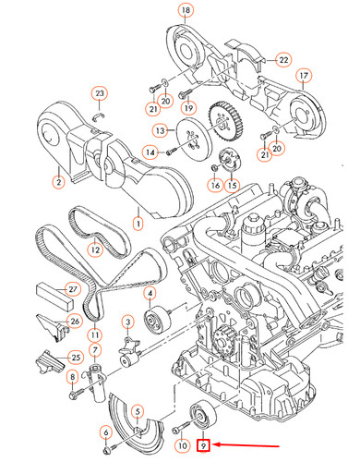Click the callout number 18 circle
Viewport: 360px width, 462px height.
(x=186, y=10)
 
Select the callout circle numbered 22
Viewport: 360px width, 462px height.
(x=283, y=60)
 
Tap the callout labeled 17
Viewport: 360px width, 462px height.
(x=304, y=76)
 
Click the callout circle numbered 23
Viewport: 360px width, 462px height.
(x=100, y=93)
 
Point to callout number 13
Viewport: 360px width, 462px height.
(x=161, y=131)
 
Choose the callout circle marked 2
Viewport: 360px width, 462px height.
(x=58, y=182)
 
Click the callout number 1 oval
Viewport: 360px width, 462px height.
(x=138, y=223)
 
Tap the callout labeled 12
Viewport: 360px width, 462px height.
(x=95, y=249)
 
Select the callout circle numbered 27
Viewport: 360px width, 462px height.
(x=73, y=289)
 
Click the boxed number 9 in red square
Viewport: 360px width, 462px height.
(x=203, y=445)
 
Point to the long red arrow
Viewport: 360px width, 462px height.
(x=246, y=444)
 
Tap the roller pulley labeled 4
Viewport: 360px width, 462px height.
(x=158, y=321)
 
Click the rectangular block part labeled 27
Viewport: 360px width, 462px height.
(x=54, y=296)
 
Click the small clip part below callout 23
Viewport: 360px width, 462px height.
(x=99, y=116)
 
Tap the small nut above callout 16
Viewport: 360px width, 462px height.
(x=215, y=168)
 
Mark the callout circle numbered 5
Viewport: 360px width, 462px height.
(x=138, y=412)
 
